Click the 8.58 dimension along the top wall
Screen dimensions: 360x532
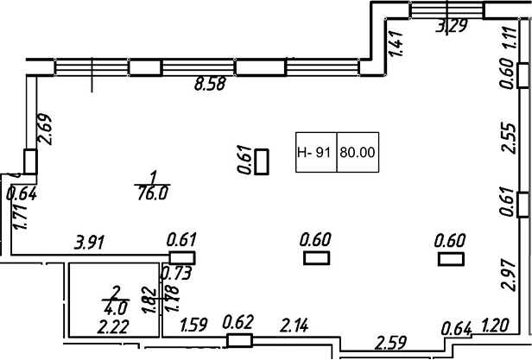(x=209, y=85)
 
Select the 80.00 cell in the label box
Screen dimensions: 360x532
(x=358, y=153)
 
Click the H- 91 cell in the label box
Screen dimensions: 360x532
(x=314, y=153)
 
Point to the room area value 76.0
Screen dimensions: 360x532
(x=151, y=194)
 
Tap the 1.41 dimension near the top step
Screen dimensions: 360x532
(x=397, y=43)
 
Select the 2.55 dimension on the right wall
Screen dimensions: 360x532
(x=508, y=137)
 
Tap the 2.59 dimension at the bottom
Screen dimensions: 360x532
(x=391, y=344)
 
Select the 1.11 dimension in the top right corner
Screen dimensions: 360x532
(x=508, y=41)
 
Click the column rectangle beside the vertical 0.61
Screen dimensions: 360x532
(x=263, y=161)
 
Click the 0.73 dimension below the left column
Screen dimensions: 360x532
(x=176, y=274)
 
